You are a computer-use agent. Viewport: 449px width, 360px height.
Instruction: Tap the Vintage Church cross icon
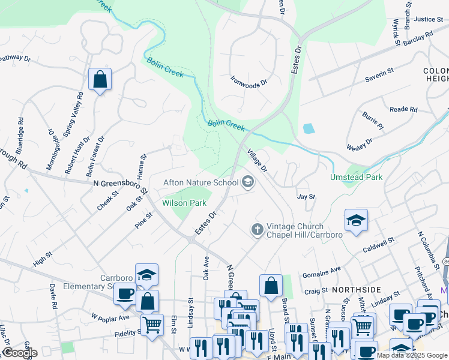257,230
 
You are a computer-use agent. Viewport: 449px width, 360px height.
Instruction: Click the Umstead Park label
356,177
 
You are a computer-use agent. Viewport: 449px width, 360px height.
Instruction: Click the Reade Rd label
403,109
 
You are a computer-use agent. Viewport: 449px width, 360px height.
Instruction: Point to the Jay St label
306,196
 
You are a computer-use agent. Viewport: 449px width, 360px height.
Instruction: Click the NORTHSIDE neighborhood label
357,289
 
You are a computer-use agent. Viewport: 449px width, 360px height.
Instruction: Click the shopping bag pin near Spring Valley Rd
100,79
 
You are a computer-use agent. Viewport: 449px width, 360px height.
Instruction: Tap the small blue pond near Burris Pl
309,128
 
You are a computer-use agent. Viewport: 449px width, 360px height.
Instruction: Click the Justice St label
428,19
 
